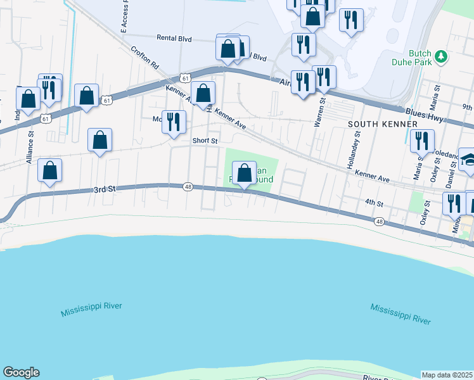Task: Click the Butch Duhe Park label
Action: coord(420,58)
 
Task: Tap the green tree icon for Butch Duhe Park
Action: coord(440,58)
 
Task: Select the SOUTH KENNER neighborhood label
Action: coord(382,124)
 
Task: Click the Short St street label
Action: coord(205,141)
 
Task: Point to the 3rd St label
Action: coord(103,189)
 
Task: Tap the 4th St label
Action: coord(375,203)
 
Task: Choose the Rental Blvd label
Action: coord(174,39)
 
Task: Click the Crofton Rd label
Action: coord(144,57)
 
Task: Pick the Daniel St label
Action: coord(451,171)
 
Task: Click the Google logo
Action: coord(21,372)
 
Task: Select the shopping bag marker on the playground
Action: coord(244,173)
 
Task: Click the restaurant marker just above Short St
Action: coord(174,122)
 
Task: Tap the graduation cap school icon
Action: coord(468,159)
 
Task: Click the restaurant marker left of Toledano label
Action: coord(421,141)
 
